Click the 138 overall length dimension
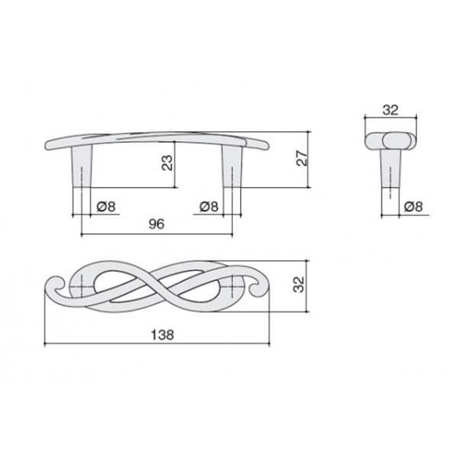[163, 335]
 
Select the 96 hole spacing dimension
[156, 224]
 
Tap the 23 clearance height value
[168, 163]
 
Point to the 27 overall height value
[302, 158]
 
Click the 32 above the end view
[391, 110]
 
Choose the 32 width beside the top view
[299, 284]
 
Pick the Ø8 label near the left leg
[106, 207]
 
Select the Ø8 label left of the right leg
[209, 207]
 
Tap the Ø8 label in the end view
[413, 207]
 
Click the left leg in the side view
[81, 166]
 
